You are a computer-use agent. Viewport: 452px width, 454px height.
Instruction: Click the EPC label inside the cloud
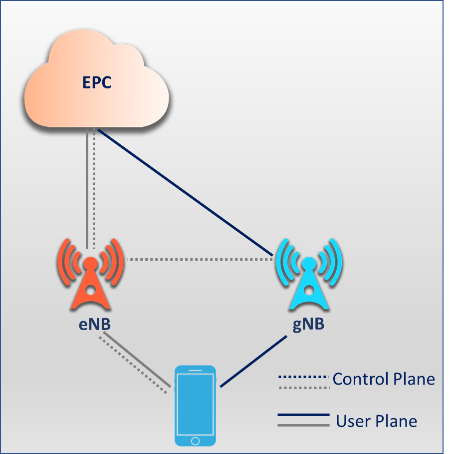(97, 82)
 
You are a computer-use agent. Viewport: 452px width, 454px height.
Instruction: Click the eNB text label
(90, 324)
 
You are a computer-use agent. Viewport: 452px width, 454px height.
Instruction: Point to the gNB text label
(308, 324)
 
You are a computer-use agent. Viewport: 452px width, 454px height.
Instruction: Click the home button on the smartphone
(195, 441)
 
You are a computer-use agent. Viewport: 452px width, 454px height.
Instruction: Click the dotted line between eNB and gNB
(200, 260)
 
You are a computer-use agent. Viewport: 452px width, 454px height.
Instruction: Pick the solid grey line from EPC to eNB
(87, 190)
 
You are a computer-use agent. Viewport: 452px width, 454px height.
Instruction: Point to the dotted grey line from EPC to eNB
(94, 190)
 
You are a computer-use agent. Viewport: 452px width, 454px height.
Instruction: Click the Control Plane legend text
(383, 379)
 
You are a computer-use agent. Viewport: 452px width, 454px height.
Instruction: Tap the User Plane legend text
(376, 421)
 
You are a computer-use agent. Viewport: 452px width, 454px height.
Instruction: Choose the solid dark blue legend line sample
(303, 415)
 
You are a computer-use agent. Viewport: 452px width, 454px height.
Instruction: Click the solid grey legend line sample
(303, 425)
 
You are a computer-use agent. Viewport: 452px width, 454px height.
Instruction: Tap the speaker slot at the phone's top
(195, 371)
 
